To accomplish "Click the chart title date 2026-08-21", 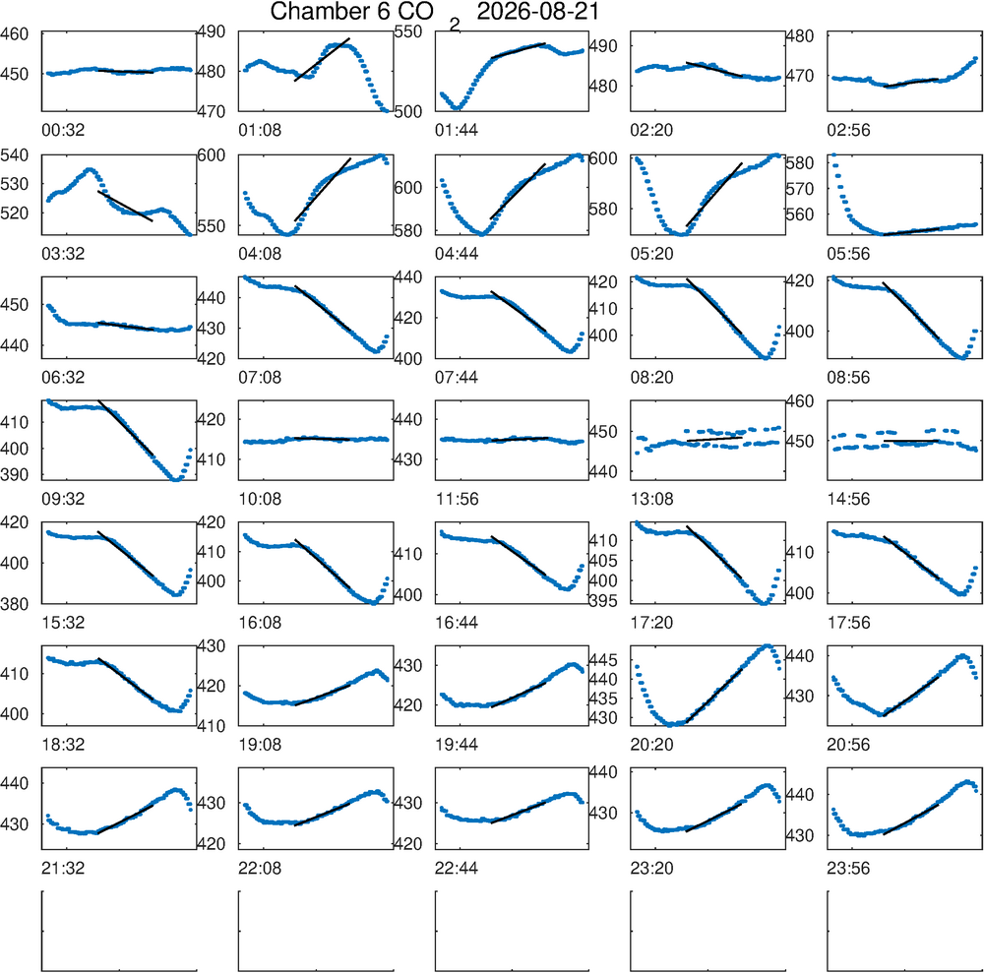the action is [x=538, y=11].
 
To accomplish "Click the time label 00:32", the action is [x=63, y=131].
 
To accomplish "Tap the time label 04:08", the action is [x=260, y=254].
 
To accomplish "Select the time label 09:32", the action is [x=63, y=500].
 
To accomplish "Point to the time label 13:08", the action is [x=652, y=500].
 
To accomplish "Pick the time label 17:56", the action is [x=848, y=623].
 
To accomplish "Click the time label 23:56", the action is [x=848, y=869].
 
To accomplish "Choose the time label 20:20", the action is [x=652, y=745].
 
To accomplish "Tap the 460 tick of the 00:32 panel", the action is [x=15, y=33].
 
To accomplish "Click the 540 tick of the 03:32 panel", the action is [x=15, y=155].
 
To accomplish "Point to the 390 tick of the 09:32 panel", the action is [x=15, y=475].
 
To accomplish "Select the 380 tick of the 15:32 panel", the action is [x=15, y=603].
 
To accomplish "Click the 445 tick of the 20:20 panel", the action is [x=603, y=660].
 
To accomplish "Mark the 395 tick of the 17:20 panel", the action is [x=603, y=601].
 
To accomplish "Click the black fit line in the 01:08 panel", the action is [x=322, y=60].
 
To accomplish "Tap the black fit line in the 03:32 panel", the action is [x=125, y=206].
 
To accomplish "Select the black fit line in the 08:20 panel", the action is [x=714, y=306].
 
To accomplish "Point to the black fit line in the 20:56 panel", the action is [x=911, y=696].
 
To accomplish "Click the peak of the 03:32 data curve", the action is [x=90, y=169].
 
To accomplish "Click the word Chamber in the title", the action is [x=317, y=11].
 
